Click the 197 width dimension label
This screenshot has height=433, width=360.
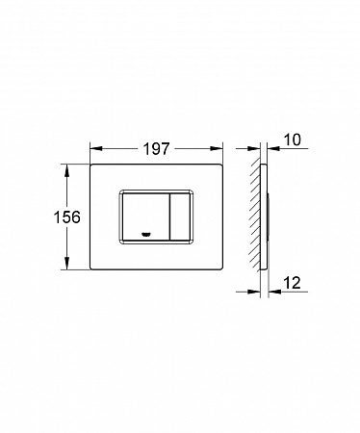coord(156,149)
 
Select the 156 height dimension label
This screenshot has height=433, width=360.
coord(66,217)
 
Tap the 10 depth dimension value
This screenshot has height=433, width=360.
coord(293,140)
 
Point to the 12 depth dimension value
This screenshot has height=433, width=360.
coord(293,283)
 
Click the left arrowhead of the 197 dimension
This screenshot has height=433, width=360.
coord(96,148)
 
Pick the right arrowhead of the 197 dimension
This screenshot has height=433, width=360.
coord(217,148)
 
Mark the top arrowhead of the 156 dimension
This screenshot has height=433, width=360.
coord(66,170)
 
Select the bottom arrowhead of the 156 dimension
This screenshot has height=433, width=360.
coord(66,264)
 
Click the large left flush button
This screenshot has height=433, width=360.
coord(144,216)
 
